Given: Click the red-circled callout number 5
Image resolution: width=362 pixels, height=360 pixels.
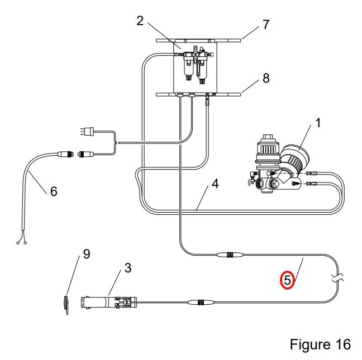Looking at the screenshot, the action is click(x=287, y=280).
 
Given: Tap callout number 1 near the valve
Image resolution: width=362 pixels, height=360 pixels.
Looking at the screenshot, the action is click(x=318, y=123).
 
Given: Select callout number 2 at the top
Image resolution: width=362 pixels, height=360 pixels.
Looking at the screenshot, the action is click(x=140, y=21).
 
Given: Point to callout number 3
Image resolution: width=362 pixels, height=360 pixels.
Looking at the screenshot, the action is click(x=128, y=268).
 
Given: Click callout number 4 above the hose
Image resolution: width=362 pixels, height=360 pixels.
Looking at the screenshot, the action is click(x=215, y=184).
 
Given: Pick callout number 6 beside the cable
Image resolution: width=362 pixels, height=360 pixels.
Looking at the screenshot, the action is click(x=54, y=191).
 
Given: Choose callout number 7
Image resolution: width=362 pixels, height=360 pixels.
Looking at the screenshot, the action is click(x=266, y=25).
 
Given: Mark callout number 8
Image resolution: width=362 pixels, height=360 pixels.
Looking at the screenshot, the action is click(x=266, y=78).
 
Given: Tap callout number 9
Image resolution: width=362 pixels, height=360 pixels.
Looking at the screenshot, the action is click(x=87, y=254).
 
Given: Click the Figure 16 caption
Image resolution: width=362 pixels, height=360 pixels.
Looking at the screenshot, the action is click(x=320, y=344).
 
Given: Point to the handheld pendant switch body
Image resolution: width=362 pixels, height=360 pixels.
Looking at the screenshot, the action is click(x=108, y=303).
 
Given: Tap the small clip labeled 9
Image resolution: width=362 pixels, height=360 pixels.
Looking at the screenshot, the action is click(x=66, y=305).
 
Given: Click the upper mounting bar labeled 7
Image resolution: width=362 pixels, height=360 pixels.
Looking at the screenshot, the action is click(x=198, y=41).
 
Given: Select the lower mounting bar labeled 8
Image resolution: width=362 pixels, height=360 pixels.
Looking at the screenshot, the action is click(x=198, y=94).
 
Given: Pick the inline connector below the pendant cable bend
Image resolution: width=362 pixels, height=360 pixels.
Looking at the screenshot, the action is click(x=201, y=302).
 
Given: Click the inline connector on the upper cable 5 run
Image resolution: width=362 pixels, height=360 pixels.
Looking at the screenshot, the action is click(x=230, y=255).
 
